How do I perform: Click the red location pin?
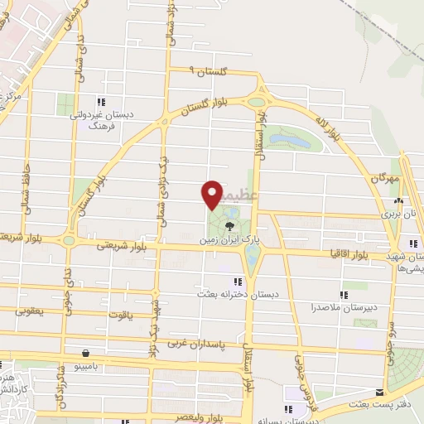212,194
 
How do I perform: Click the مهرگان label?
385,177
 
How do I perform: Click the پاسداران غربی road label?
200,342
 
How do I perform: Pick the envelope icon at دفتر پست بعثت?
380,393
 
